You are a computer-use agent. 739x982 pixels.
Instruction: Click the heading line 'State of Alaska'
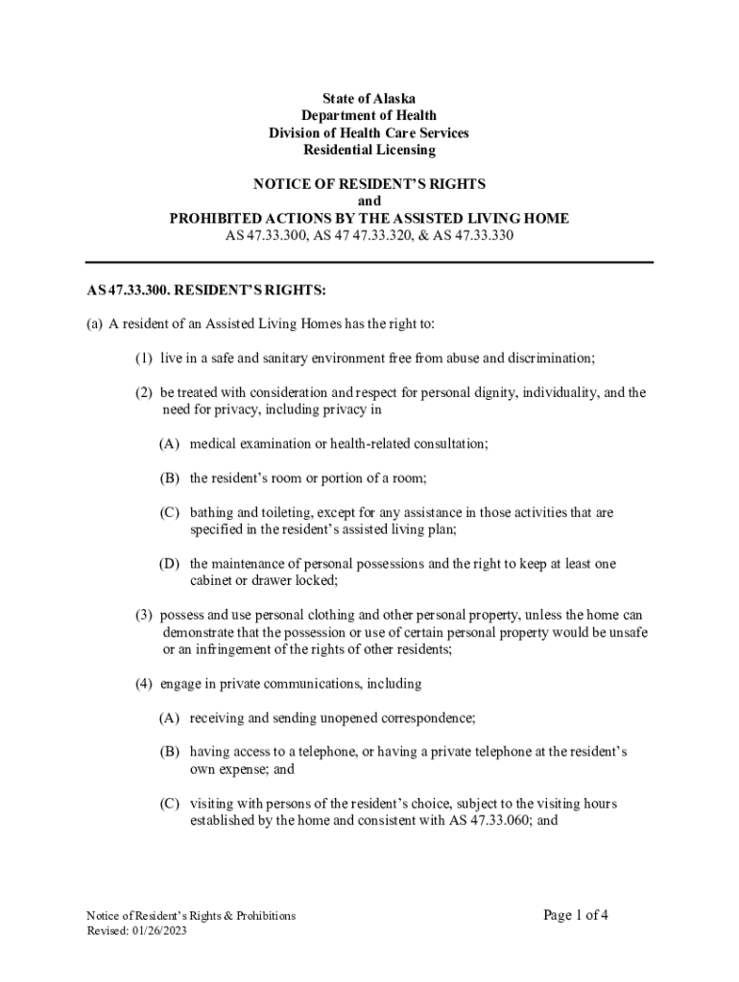click(x=369, y=99)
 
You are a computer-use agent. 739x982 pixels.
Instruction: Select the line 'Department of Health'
click(x=369, y=116)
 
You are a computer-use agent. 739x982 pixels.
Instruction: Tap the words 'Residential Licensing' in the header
click(x=369, y=151)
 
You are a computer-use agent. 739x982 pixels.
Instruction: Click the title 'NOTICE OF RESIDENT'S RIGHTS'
click(x=369, y=184)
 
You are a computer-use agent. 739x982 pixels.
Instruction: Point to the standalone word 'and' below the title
click(x=369, y=201)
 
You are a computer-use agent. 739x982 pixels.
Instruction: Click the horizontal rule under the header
click(x=369, y=262)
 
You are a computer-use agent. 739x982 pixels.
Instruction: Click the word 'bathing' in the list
click(x=211, y=512)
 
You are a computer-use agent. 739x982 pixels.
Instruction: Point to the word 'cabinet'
click(x=211, y=580)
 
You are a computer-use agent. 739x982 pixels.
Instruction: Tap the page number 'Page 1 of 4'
click(x=576, y=915)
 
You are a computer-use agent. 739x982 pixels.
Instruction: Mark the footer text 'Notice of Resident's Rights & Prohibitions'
click(x=191, y=916)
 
